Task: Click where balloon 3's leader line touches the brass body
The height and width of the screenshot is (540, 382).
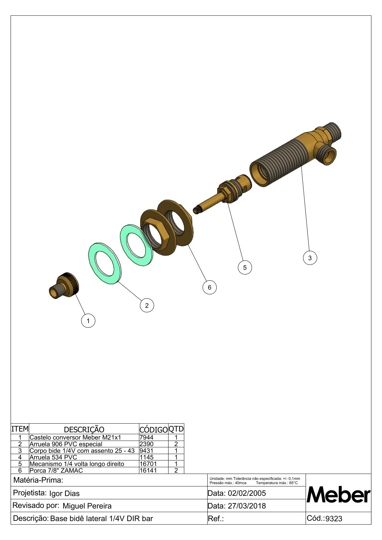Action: (301, 167)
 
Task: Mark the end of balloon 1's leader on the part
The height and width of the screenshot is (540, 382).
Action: (75, 294)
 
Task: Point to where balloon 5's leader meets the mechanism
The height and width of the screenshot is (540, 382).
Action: (227, 203)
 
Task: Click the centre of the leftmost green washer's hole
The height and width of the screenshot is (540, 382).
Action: (105, 263)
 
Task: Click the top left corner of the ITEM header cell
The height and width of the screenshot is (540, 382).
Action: (11, 423)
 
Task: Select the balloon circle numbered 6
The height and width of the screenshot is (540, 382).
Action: (210, 287)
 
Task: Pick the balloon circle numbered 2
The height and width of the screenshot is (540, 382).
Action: (147, 306)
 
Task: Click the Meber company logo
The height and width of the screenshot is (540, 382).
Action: (338, 495)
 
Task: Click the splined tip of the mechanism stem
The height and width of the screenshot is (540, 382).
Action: (196, 210)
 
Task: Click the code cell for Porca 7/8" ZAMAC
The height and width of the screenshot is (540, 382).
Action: (154, 470)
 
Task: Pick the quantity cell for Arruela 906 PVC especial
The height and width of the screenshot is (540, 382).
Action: (176, 444)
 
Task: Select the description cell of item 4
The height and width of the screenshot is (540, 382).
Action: (84, 457)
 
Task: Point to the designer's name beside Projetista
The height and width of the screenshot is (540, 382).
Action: (65, 494)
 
